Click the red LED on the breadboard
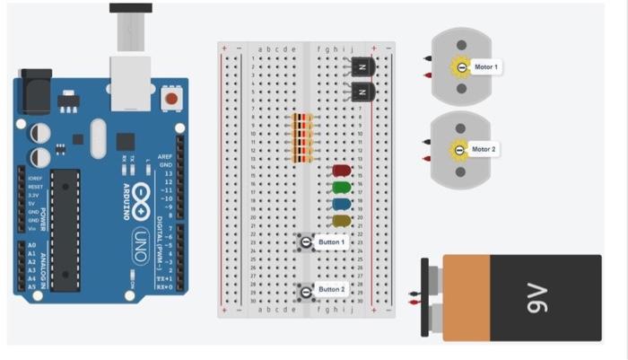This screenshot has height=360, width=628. [x=341, y=170]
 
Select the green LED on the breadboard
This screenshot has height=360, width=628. [x=341, y=188]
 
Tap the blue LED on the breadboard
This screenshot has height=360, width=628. [x=341, y=204]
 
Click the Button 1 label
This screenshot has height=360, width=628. [x=331, y=242]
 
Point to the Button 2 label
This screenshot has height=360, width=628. [x=331, y=289]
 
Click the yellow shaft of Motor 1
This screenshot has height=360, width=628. [x=461, y=68]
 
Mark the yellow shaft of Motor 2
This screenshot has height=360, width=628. [x=460, y=150]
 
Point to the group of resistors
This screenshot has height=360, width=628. [x=302, y=138]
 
